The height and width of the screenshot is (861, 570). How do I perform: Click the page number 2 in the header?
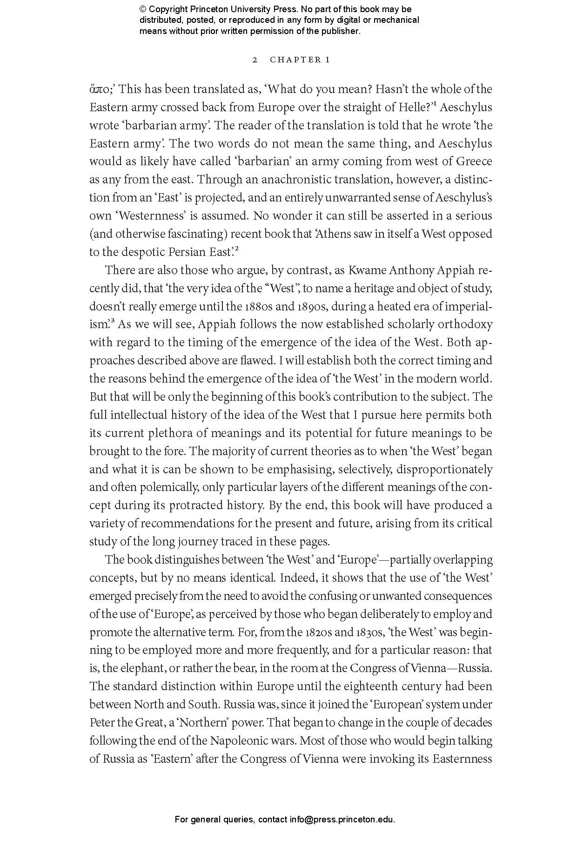(255, 60)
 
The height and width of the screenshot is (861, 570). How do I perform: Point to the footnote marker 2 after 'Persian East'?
(237, 249)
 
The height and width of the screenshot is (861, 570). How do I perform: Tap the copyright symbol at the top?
(143, 9)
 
